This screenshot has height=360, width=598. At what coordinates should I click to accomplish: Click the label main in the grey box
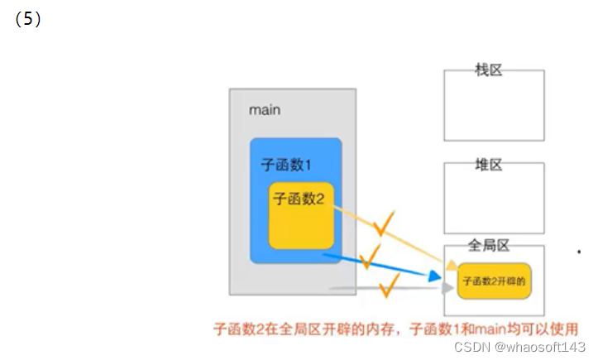tap(265, 110)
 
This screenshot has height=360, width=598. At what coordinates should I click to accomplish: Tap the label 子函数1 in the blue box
tap(286, 165)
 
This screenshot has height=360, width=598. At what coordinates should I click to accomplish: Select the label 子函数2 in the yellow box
tap(298, 199)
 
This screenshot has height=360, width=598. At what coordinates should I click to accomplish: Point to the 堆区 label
tap(489, 164)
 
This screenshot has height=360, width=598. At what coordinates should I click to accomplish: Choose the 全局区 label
tap(488, 245)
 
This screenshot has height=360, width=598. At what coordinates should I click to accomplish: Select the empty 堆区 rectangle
tap(494, 203)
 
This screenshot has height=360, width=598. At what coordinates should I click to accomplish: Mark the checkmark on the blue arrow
tap(370, 252)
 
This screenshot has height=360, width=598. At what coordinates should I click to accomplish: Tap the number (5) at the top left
tap(28, 20)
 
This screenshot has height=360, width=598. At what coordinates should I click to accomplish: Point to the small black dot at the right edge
tap(578, 249)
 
